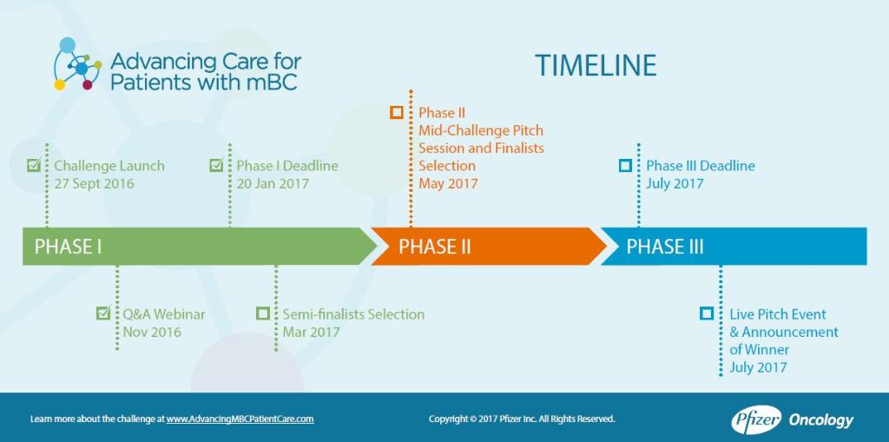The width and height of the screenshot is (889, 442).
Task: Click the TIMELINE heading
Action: pos(596,65)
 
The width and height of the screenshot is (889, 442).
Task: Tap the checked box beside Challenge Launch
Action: pos(34,165)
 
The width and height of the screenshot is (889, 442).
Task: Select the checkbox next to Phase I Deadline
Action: pos(216,165)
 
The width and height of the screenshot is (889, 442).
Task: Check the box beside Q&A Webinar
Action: pos(103,313)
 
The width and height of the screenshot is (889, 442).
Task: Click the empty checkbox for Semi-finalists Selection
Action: pos(262,313)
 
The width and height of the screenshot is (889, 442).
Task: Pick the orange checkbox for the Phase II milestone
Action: pos(396,112)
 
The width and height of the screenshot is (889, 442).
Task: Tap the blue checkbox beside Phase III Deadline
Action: pos(625,166)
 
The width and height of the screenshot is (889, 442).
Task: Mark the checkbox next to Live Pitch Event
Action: pos(707,313)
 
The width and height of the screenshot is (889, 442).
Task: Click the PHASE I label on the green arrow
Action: pos(69,247)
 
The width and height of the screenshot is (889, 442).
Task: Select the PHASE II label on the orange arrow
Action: pos(435,247)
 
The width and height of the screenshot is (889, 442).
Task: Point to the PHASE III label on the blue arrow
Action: pos(665,247)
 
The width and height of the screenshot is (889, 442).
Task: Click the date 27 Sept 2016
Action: pos(94,184)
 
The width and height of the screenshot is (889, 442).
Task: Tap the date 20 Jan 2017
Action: pos(273,184)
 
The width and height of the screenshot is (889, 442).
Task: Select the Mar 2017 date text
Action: pos(312,332)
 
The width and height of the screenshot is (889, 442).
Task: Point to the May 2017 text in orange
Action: pos(449,184)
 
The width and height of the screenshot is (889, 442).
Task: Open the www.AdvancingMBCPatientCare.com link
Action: pos(240,419)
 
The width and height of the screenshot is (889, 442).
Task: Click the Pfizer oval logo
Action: pos(756,420)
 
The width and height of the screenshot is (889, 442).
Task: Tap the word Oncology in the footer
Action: pos(821,421)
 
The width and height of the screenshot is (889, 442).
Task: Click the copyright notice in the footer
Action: pos(522,419)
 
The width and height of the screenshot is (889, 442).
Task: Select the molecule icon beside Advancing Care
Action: pos(77,64)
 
